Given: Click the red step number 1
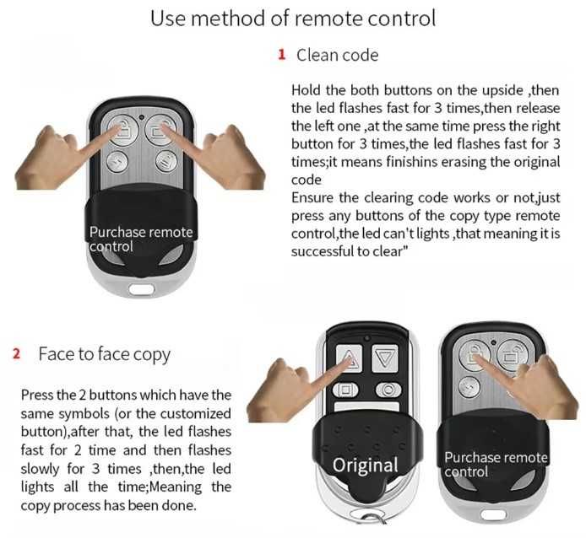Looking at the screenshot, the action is click(282, 55).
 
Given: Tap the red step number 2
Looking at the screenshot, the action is click(16, 353).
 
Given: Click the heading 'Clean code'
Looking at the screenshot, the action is click(337, 56).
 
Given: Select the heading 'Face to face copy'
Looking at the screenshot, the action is click(104, 355).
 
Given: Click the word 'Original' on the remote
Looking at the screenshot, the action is click(365, 465).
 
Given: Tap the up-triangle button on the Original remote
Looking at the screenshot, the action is click(349, 358).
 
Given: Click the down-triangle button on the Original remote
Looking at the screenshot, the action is click(384, 358).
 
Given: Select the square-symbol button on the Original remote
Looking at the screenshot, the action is click(345, 390).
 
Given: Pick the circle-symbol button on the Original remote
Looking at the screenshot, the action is click(388, 390).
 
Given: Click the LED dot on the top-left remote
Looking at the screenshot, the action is click(141, 117).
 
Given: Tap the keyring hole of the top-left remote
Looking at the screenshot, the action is click(141, 288).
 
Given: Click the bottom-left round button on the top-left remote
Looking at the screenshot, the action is click(117, 162).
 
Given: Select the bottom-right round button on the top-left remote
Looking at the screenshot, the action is click(166, 162).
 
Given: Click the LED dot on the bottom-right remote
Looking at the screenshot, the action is click(494, 342).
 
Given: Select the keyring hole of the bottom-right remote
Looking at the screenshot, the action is click(493, 515).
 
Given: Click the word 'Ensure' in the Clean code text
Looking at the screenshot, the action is click(312, 197).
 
